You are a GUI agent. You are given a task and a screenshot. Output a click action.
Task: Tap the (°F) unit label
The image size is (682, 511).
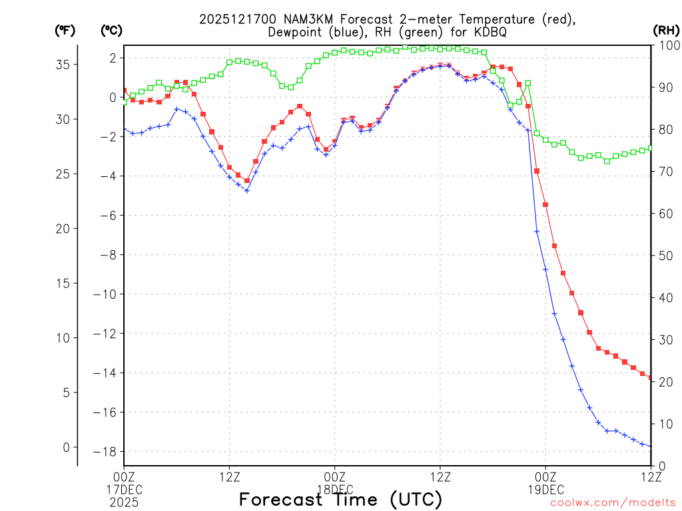point(65,30)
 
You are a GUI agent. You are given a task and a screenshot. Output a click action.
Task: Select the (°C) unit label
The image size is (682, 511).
point(111,30)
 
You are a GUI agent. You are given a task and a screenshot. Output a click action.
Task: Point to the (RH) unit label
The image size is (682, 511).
point(665,30)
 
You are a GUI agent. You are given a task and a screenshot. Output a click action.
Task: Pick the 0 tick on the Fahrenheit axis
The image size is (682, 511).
point(66,447)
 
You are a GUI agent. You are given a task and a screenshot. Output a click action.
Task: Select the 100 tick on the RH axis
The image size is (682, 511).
point(668,45)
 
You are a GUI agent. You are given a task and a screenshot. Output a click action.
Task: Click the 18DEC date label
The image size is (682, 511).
point(335,488)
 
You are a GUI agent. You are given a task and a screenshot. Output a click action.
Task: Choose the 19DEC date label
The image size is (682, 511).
point(545,488)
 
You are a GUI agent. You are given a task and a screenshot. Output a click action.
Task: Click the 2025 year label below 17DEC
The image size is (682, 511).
point(124,500)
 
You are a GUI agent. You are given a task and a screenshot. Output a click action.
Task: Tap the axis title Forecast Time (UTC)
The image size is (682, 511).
point(340,499)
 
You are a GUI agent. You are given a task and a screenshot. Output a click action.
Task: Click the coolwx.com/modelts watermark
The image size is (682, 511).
point(613,502)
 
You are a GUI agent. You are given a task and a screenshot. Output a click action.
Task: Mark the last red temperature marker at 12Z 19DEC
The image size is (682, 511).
point(651,377)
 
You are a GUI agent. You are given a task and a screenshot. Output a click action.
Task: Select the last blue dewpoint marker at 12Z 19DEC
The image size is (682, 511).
point(651,446)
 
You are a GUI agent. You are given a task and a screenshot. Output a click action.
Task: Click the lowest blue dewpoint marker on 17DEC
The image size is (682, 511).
point(247,191)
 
